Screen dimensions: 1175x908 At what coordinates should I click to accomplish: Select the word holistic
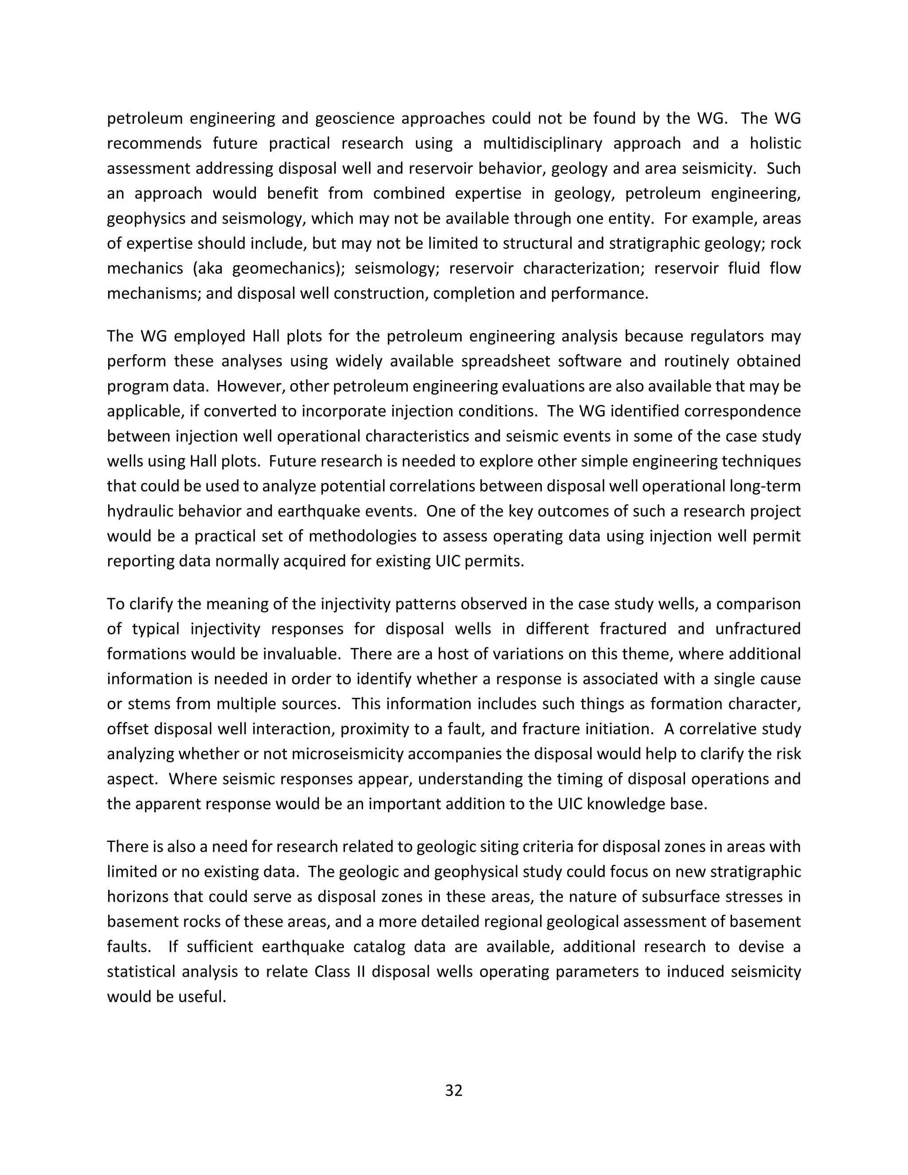[x=775, y=144]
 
